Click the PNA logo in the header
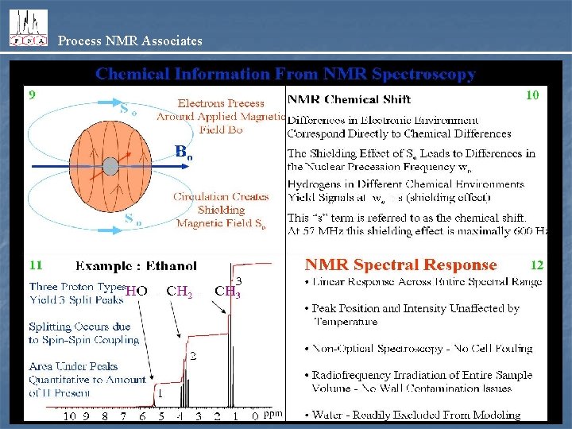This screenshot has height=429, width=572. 28,28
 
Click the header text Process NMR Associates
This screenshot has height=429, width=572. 130,41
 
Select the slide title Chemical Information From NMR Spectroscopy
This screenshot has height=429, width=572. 286,74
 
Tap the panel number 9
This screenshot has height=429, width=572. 32,95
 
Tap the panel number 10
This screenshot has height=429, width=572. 532,95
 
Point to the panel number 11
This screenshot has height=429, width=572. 36,265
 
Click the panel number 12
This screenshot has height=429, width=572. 537,265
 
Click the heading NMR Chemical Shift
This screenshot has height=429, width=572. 349,99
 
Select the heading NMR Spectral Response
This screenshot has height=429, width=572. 401,265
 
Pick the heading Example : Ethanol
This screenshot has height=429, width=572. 136,265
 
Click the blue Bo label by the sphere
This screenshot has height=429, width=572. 184,152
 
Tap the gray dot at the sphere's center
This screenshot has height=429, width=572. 111,166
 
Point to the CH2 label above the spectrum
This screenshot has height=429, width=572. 180,291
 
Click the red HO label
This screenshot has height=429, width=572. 137,291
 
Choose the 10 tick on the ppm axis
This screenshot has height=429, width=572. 70,415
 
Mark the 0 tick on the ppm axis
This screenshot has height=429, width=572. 254,415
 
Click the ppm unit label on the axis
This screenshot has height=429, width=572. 272,414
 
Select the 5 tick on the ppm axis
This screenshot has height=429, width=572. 161,415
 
